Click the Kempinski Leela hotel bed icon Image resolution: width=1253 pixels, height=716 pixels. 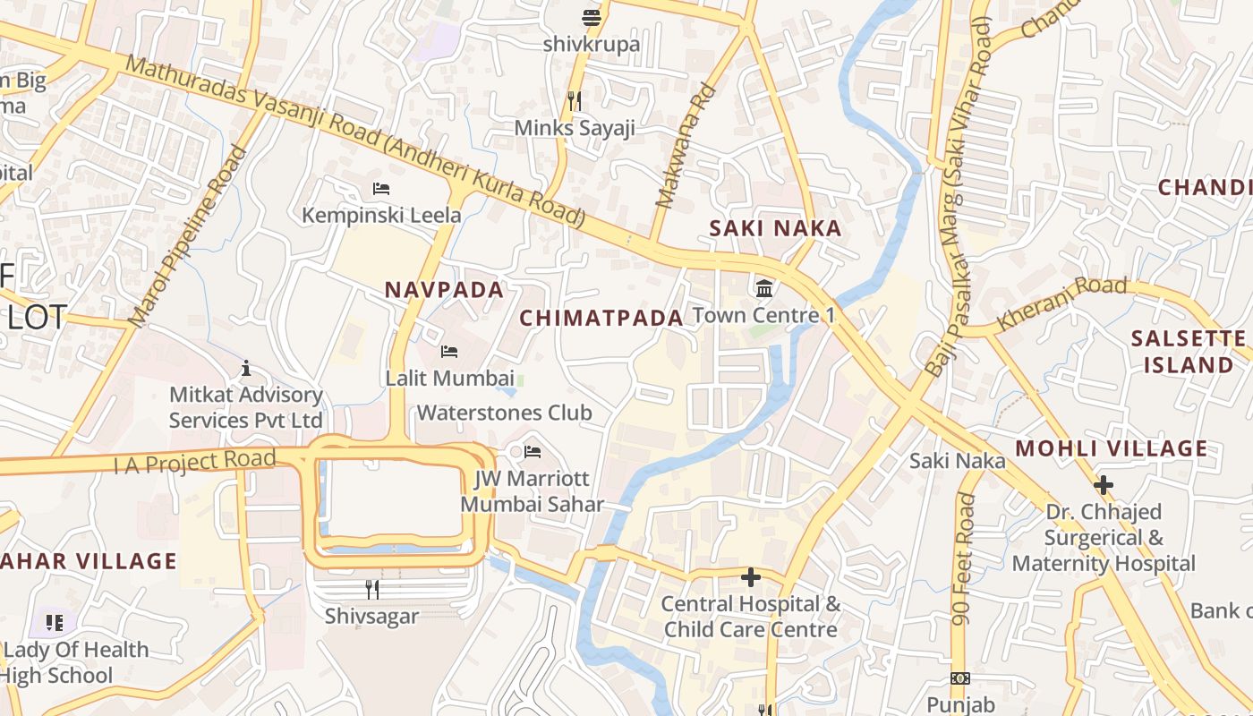[381, 189]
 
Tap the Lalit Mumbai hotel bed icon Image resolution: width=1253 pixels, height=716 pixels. [449, 352]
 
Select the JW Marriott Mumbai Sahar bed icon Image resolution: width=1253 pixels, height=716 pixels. [533, 451]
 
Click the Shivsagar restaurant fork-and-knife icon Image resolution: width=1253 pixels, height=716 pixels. [372, 589]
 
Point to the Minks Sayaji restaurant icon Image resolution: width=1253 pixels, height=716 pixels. [575, 101]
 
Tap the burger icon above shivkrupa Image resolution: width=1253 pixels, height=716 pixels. [591, 17]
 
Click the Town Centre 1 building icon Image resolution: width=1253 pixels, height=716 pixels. [765, 288]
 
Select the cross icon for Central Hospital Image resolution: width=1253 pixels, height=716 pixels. [751, 576]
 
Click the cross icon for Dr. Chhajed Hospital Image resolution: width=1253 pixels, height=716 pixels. [1104, 485]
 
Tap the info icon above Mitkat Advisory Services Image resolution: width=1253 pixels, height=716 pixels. [246, 368]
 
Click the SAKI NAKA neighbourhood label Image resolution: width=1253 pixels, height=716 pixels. [775, 228]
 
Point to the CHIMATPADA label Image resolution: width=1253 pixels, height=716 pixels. [601, 318]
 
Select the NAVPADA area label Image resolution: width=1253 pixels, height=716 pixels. [444, 290]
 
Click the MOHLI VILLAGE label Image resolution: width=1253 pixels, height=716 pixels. [1112, 448]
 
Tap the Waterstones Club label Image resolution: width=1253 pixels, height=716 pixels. [504, 413]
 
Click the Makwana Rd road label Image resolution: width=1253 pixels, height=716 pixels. [686, 146]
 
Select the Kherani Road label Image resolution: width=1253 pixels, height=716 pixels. [1061, 301]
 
